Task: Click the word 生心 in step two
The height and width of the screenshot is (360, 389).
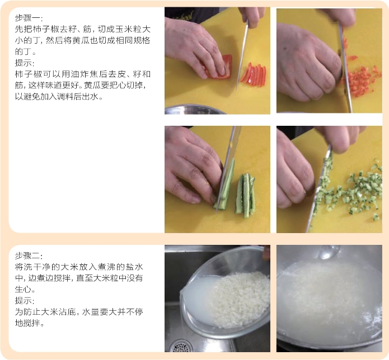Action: pos(24,289)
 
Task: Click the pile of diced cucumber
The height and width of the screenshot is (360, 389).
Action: pos(352,191)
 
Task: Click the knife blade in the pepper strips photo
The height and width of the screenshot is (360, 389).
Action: pos(242,55)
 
